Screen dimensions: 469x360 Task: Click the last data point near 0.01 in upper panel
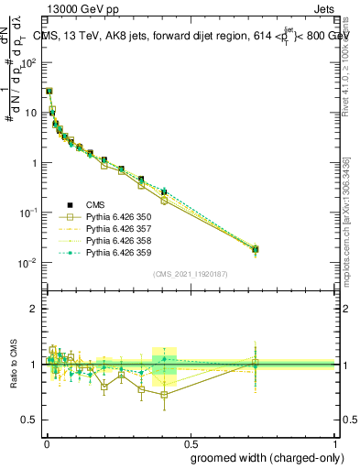pyautogui.click(x=256, y=248)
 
